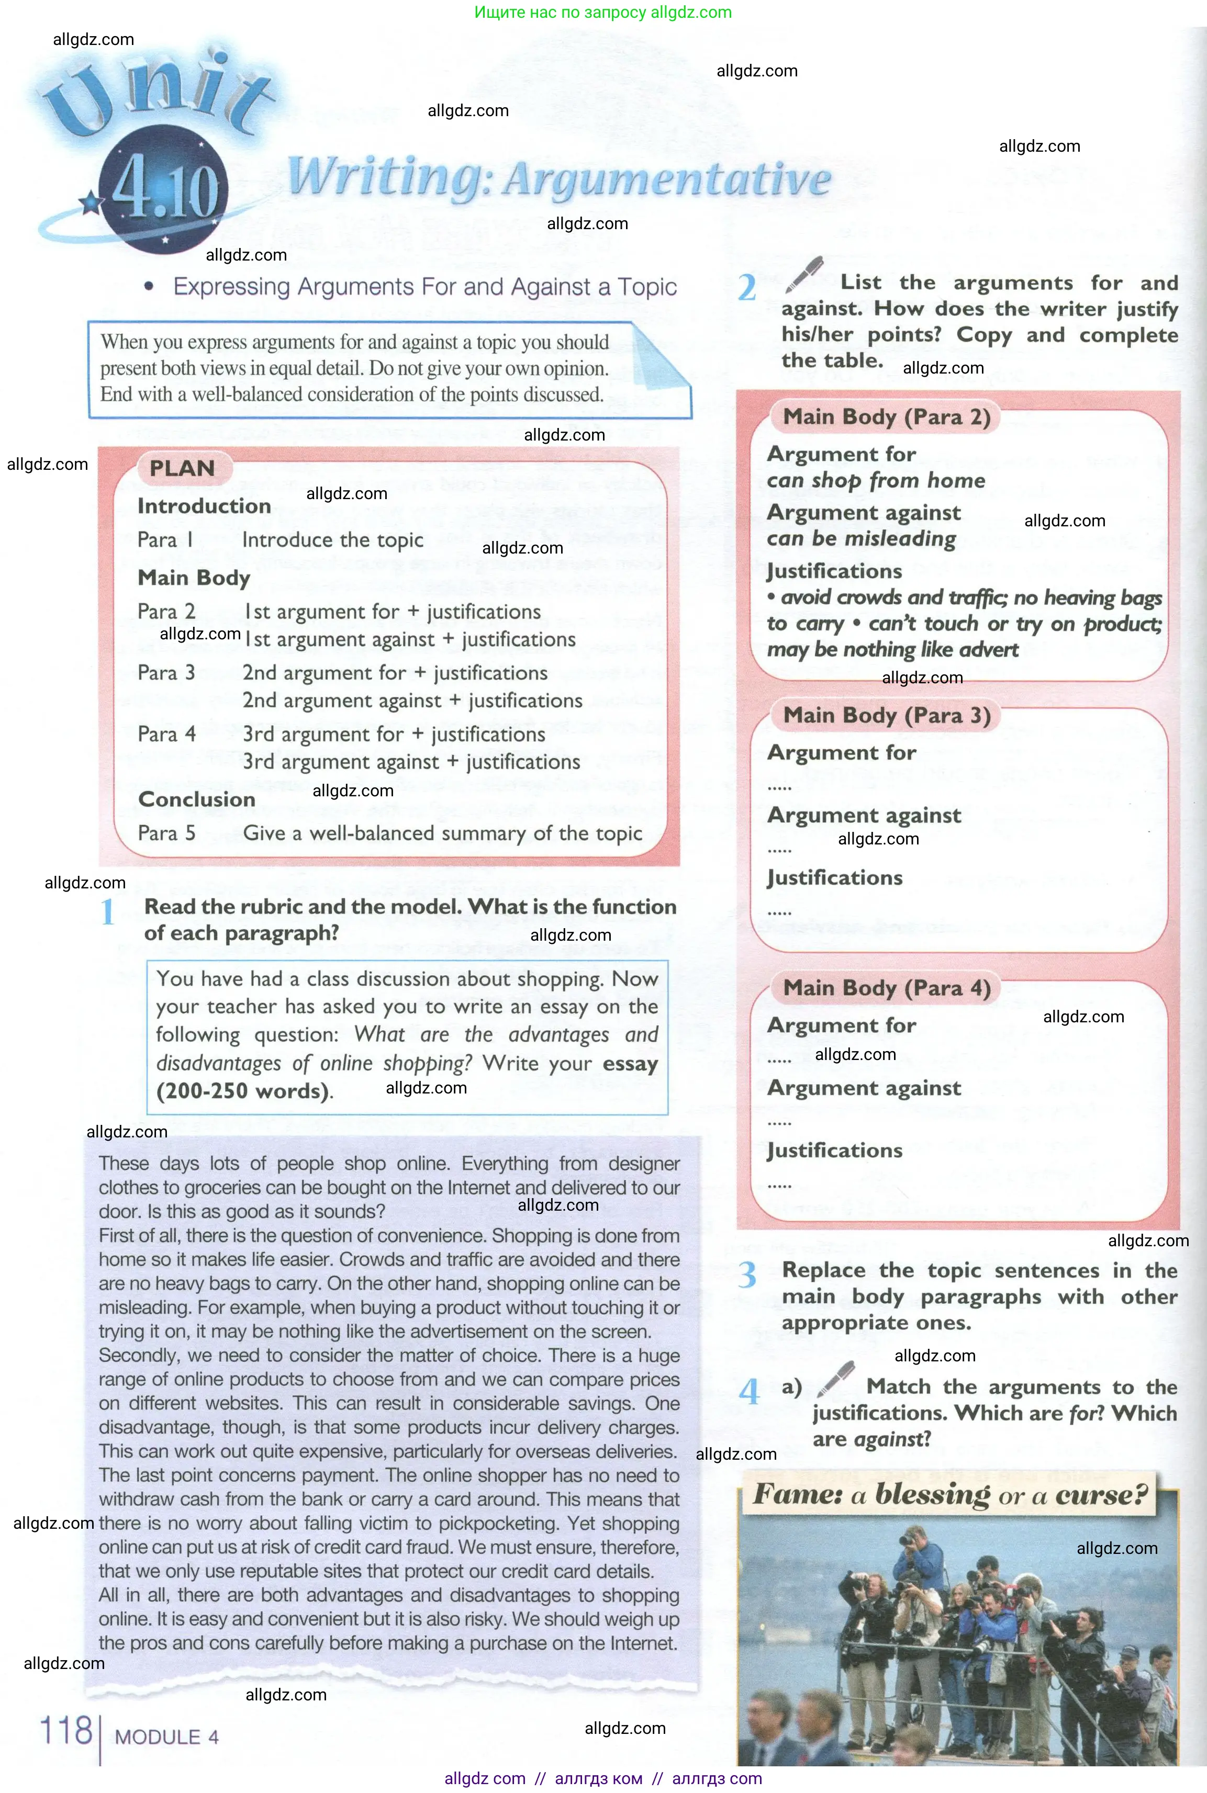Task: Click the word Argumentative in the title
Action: click(667, 180)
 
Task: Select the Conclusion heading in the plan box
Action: click(196, 799)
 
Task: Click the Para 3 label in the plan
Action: click(166, 672)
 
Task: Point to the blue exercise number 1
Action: click(108, 912)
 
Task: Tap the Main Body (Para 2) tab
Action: click(886, 417)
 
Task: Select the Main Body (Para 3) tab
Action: click(886, 716)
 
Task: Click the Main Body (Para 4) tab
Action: click(886, 988)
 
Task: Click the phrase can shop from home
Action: click(875, 481)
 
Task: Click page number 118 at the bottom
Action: click(66, 1731)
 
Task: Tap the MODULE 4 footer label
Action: click(166, 1737)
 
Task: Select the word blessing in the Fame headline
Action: click(932, 1494)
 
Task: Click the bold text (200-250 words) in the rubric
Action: click(243, 1091)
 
